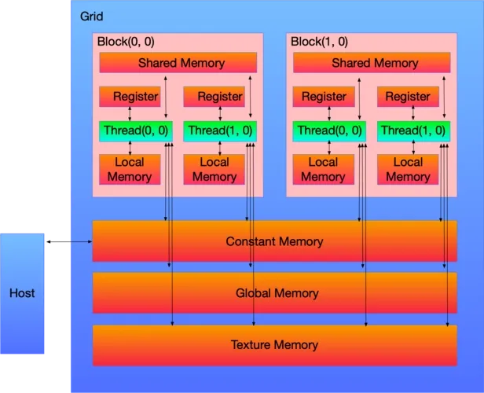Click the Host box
22,293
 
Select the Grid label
92,16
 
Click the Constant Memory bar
274,241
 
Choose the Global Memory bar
274,293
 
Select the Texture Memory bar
274,345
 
